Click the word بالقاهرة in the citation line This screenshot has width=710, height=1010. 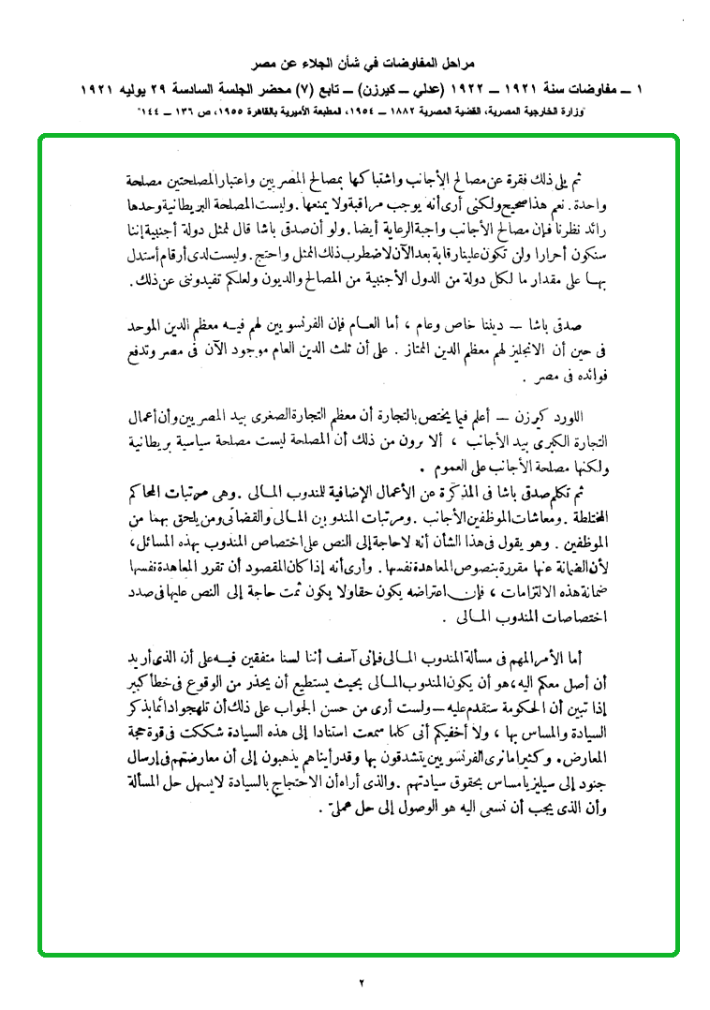tap(267, 111)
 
